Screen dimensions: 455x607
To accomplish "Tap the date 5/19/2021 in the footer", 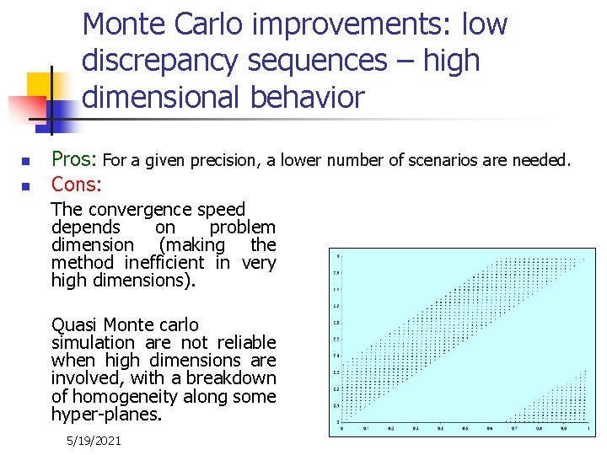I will [x=94, y=441].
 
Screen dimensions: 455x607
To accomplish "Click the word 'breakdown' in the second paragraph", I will [x=235, y=378].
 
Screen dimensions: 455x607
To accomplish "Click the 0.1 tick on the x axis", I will [x=365, y=428].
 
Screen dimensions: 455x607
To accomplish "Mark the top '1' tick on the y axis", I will [x=337, y=255].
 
